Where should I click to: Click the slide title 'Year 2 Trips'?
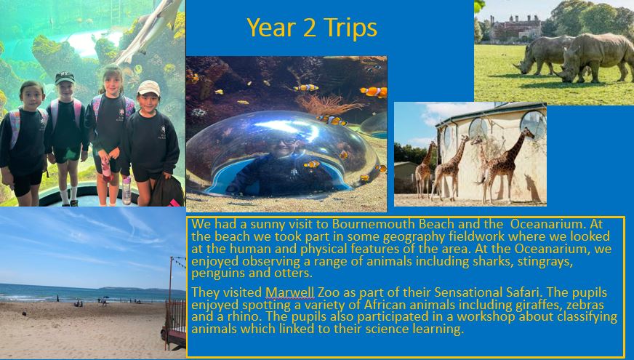tap(312, 28)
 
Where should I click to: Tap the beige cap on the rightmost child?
tap(149, 88)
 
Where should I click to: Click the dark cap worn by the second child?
tap(65, 77)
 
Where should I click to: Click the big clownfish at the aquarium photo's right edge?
tap(374, 92)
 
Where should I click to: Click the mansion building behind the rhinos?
tap(515, 28)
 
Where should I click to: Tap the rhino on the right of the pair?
tap(595, 56)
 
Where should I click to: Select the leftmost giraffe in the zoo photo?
tap(425, 170)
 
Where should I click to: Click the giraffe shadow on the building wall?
tap(532, 188)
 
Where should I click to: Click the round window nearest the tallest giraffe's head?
tap(534, 124)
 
